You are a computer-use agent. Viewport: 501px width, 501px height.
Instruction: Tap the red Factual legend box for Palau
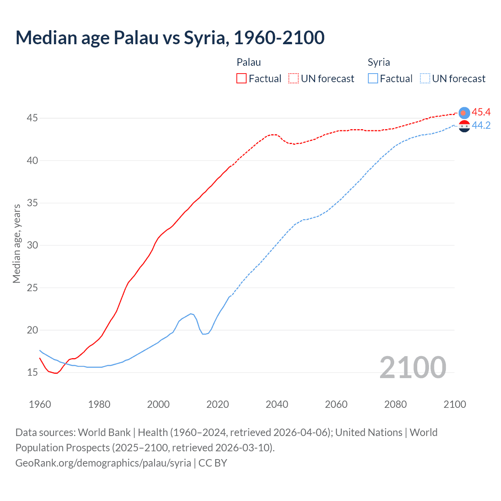(241, 79)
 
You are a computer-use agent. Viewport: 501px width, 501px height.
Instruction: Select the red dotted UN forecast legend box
(294, 79)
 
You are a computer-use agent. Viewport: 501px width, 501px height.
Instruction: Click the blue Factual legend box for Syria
(373, 79)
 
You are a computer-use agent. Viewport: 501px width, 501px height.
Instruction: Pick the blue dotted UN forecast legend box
(425, 79)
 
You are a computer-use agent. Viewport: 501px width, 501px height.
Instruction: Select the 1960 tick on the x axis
(40, 404)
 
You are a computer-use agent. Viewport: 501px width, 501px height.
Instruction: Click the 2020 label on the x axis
(218, 404)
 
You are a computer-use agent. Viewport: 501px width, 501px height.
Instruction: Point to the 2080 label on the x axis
(395, 404)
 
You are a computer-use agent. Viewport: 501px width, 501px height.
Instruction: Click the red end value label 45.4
(481, 112)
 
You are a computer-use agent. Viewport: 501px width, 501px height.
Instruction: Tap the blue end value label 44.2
(481, 126)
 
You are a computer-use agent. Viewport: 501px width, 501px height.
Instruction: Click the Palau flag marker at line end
(464, 113)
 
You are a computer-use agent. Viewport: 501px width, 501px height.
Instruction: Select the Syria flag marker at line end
(464, 126)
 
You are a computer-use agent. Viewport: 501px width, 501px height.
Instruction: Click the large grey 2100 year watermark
(413, 367)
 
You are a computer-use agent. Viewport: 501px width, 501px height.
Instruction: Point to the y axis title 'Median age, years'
(16, 243)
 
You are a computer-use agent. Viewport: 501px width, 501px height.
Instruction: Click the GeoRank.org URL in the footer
(103, 463)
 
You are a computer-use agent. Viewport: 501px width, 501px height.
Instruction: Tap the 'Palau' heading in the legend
(249, 62)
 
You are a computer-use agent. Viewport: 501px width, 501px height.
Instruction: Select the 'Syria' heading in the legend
(378, 62)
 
